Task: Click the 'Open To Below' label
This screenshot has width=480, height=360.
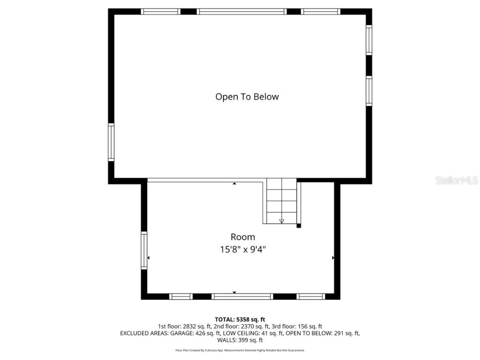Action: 247,97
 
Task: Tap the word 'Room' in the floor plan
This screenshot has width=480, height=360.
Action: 242,237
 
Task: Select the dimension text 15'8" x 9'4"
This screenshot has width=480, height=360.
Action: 242,249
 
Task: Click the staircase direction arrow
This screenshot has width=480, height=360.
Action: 281,220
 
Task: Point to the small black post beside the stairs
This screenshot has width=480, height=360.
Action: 299,226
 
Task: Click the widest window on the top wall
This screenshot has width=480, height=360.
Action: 241,12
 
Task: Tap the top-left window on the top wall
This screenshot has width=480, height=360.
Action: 160,12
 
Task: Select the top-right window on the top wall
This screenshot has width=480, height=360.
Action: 321,12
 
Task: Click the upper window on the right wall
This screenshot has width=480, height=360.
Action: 369,40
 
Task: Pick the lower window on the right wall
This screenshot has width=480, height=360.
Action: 369,91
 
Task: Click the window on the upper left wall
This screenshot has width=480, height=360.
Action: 111,142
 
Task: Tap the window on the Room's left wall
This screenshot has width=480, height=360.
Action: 144,250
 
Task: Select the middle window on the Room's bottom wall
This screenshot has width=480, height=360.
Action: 242,296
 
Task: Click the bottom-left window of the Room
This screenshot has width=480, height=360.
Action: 181,296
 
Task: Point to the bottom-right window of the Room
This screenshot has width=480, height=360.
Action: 311,296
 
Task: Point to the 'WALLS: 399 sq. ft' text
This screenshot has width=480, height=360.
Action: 240,340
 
